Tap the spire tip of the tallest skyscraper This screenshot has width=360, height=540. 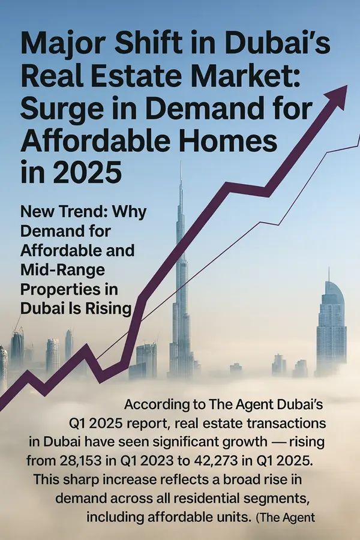point(181,163)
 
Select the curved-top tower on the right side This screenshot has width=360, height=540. point(331,324)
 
